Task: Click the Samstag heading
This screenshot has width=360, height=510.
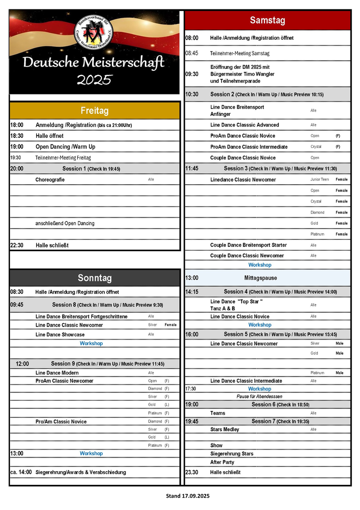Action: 268,20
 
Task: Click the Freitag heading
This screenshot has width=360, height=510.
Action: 94,110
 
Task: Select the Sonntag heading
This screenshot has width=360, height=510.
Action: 94,278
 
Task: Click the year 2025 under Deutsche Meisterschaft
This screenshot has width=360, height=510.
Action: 94,79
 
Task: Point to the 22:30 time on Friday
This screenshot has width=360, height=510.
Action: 17,246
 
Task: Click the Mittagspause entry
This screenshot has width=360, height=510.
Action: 260,278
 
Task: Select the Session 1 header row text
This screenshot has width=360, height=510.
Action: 91,169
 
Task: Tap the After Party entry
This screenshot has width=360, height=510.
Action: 222,462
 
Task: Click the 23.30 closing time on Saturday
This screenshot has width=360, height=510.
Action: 192,472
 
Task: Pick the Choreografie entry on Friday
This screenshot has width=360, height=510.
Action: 50,179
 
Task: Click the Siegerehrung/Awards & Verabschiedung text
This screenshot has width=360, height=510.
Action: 81,472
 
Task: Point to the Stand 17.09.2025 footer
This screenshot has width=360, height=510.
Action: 188,496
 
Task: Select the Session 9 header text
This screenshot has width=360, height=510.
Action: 108,364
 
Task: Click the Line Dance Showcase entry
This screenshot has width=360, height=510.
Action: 60,334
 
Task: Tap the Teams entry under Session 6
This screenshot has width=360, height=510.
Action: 218,413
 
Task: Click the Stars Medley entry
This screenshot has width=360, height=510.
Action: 225,429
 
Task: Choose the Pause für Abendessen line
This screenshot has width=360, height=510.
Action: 260,397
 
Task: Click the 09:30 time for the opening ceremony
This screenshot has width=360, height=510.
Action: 192,74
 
